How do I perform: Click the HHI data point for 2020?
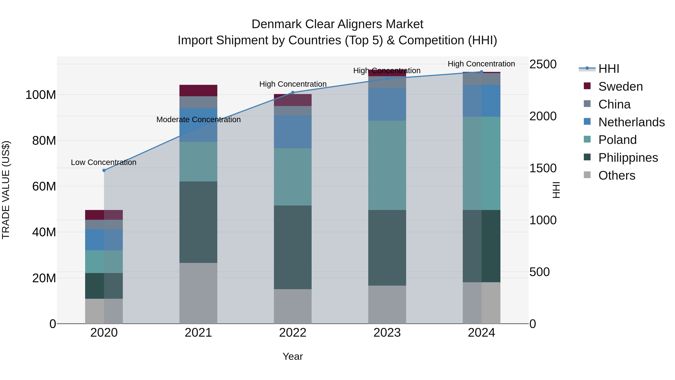pos(104,170)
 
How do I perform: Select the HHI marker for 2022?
pos(293,92)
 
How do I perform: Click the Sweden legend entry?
pos(620,87)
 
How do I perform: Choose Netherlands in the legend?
pos(631,122)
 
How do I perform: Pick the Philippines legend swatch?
pos(587,157)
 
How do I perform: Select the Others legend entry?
pos(617,175)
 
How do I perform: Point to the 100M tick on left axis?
pos(41,95)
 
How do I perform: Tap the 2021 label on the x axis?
pos(198,333)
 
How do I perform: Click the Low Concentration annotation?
pos(103,162)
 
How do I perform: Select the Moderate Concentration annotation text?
pos(198,120)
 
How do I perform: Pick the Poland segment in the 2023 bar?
pos(387,165)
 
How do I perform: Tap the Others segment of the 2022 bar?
pos(293,306)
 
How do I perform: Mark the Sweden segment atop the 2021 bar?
pos(198,90)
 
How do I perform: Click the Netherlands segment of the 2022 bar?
pos(293,132)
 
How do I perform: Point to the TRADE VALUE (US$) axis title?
pos(6,190)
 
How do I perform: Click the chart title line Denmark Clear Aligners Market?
pos(337,24)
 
